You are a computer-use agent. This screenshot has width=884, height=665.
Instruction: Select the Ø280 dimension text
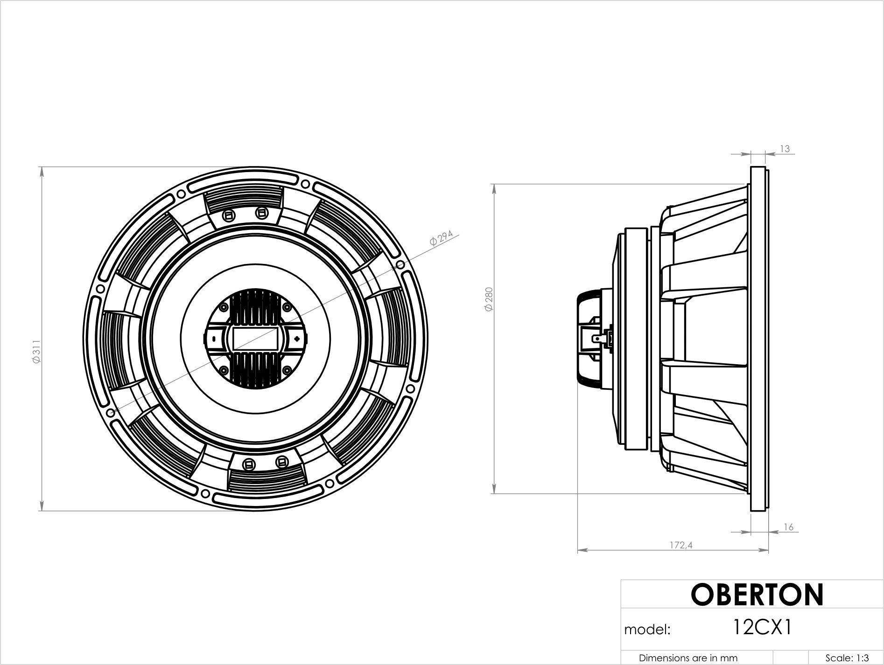[489, 300]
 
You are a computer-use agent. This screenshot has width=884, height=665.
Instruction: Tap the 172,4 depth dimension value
[681, 545]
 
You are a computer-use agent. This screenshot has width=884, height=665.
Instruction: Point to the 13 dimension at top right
[785, 149]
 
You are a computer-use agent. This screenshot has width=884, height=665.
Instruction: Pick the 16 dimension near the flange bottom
[788, 527]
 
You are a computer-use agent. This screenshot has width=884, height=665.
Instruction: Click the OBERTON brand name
[757, 595]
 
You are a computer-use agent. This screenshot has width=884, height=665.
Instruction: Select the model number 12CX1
[762, 628]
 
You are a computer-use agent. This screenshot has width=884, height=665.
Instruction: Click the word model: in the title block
[647, 630]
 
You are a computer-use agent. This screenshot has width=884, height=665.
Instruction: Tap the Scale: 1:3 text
[847, 658]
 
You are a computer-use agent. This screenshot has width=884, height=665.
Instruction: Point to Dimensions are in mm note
[688, 658]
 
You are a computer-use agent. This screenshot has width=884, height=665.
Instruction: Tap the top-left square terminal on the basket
[229, 215]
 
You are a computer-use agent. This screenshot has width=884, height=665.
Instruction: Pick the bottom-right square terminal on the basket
[281, 462]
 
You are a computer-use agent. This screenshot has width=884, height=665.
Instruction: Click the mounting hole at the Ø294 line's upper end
[400, 265]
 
